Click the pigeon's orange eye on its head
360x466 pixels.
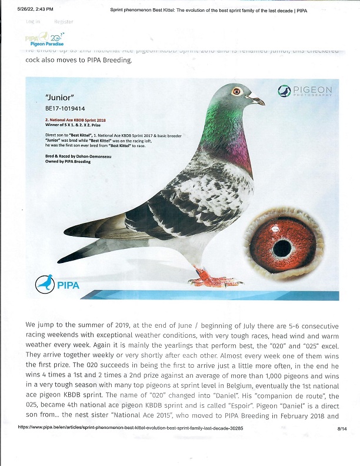(x=237, y=91)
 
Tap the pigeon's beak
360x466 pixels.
(x=257, y=101)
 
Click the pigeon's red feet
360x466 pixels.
(x=209, y=277)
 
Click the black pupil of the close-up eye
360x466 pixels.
(x=282, y=248)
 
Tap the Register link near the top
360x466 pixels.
(x=64, y=22)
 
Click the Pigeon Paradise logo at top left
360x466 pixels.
(x=45, y=41)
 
